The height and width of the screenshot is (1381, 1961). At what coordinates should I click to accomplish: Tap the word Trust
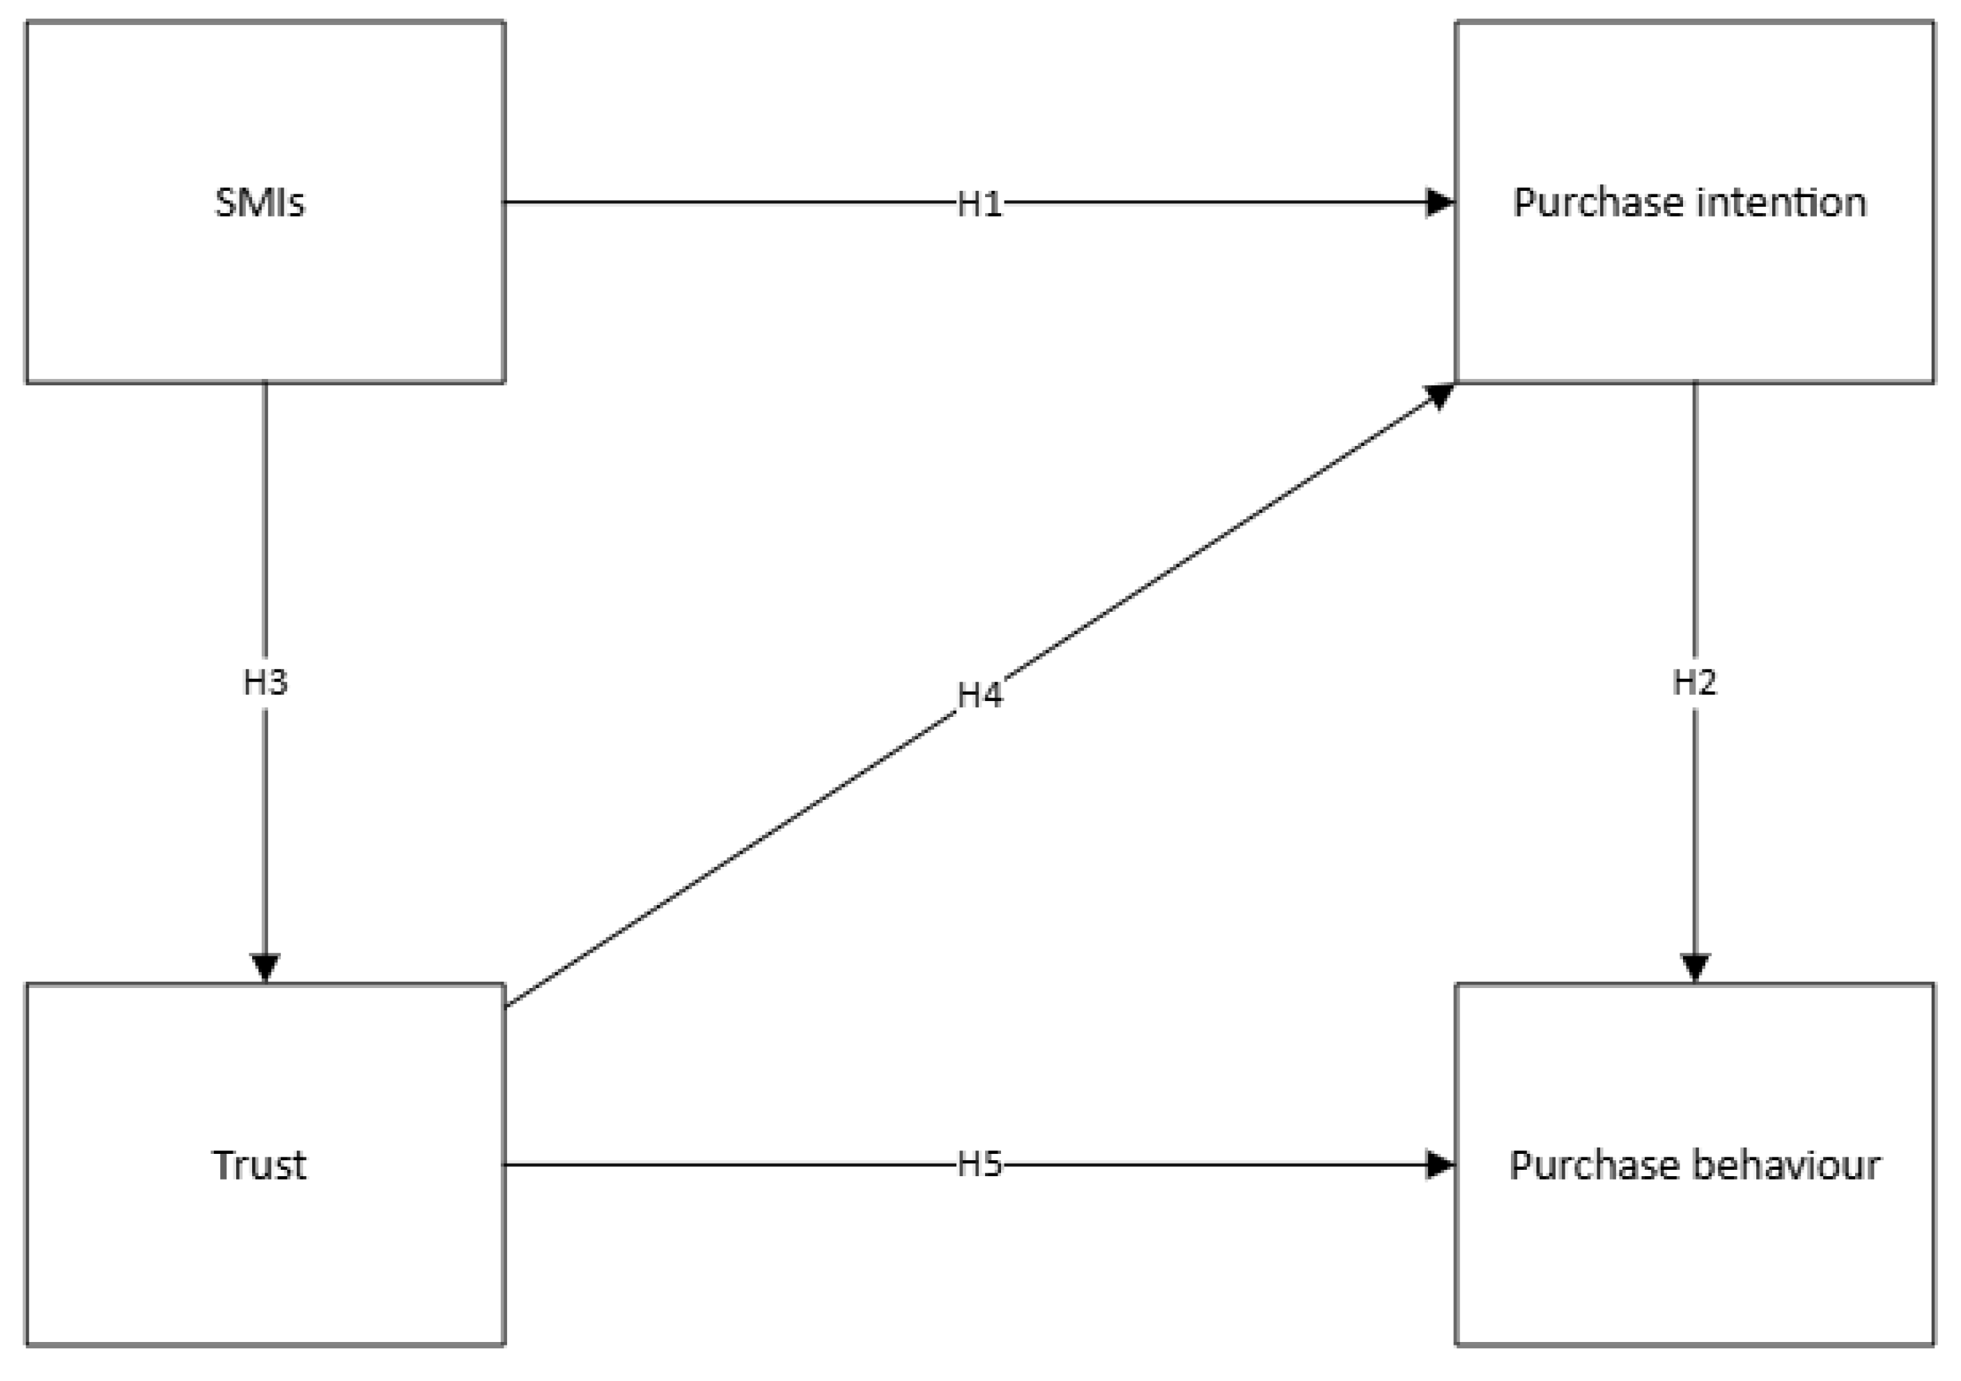[260, 1165]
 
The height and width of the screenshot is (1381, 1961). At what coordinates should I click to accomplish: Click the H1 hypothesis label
[979, 204]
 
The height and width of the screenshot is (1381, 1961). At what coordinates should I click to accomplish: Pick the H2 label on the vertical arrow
[1693, 682]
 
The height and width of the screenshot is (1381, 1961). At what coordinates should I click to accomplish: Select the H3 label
[265, 682]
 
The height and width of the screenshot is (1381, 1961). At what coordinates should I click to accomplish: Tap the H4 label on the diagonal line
[979, 695]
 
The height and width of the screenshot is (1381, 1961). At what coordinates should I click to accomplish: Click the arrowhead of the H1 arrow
[1440, 202]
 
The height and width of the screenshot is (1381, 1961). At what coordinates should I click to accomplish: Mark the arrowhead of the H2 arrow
[1694, 967]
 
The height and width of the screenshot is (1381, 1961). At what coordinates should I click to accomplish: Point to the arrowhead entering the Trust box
[265, 967]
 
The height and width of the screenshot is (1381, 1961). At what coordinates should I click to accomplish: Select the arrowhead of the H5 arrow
[1440, 1164]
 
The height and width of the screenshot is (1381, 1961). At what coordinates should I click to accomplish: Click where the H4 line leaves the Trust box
[507, 1006]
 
